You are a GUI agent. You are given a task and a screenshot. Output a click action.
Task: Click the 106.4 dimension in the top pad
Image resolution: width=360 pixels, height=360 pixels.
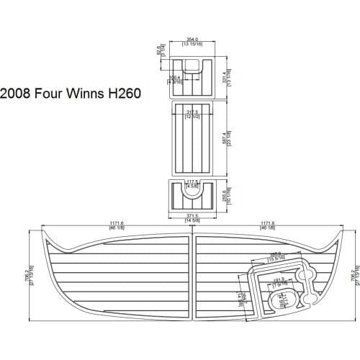pyautogui.click(x=174, y=77)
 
